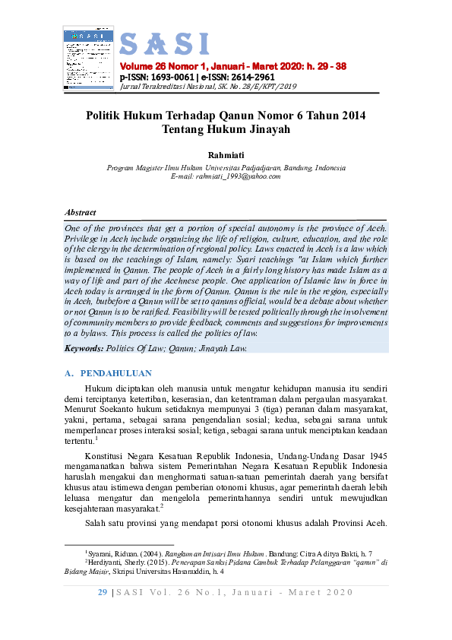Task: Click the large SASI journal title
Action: pos(164,45)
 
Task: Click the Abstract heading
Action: pos(81,213)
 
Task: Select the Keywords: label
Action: pos(84,348)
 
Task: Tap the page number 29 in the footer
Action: pos(103,592)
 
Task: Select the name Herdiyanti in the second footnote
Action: pos(106,562)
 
